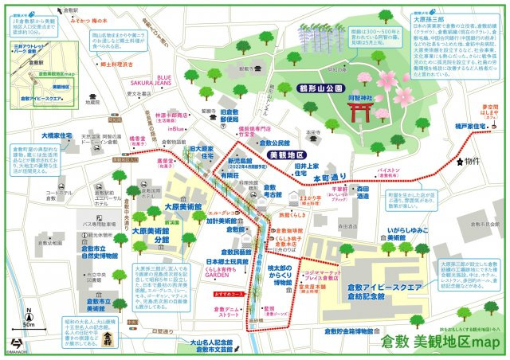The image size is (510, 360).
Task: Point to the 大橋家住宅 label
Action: tap(57, 136)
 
